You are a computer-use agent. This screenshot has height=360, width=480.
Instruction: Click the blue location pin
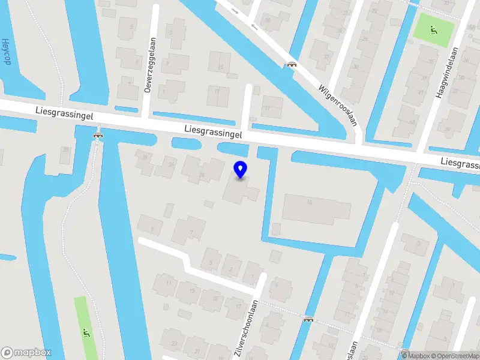pos(241,170)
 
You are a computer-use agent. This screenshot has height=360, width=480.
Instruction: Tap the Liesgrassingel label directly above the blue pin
pos(213,133)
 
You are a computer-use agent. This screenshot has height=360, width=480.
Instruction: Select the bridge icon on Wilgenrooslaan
pos(292,65)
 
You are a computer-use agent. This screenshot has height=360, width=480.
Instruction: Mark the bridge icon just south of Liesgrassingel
pos(97,135)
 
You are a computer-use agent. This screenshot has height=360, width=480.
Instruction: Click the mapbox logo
pos(26,353)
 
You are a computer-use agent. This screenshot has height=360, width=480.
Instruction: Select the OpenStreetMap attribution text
pos(454,356)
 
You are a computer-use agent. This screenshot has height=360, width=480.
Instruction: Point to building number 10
pos(310,202)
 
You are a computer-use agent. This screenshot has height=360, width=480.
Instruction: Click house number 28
pos(65,149)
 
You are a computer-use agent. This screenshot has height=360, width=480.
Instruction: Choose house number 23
pos(173,343)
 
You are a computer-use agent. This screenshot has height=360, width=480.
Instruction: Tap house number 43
pos(412,122)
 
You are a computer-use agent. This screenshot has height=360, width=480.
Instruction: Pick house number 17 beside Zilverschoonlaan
pos(238,307)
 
